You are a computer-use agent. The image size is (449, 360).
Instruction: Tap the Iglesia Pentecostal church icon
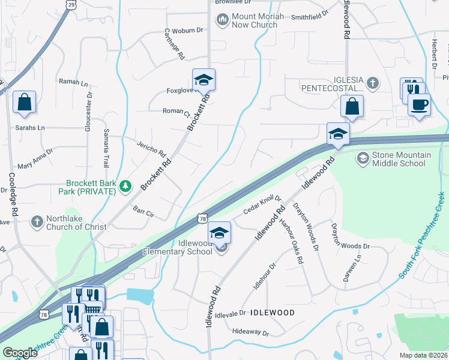tap(372, 83)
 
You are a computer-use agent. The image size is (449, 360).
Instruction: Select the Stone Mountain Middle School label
tap(402, 159)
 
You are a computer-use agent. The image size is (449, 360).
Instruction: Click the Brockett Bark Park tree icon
tap(125, 187)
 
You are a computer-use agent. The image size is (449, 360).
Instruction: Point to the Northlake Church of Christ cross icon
tap(37, 222)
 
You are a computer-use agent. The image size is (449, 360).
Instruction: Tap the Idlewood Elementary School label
tap(178, 247)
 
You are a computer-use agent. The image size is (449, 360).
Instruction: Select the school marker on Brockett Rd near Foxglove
tap(203, 79)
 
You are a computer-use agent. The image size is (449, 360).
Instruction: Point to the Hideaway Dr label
tap(250, 332)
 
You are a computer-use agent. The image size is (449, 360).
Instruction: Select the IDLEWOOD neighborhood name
tap(272, 313)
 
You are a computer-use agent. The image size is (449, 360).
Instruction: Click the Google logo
tap(20, 353)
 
